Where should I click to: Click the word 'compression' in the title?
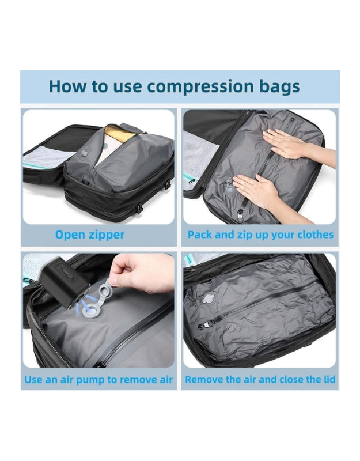(204, 86)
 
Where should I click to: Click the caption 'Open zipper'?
(90, 235)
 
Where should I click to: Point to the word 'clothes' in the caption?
(313, 235)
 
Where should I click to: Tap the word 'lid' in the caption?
(328, 380)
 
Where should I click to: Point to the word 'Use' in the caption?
(33, 380)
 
